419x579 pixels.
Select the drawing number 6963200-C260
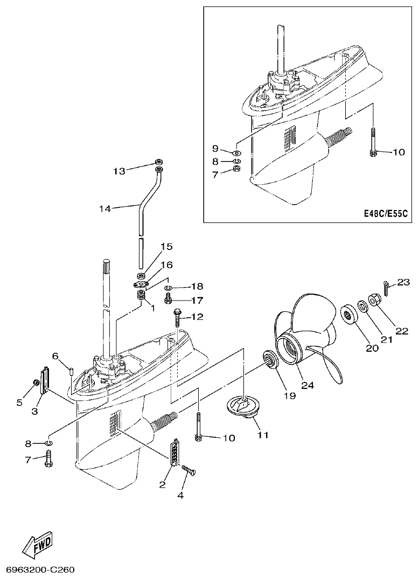coord(40,569)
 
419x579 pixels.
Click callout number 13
coord(119,171)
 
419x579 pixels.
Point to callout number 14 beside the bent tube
coord(106,208)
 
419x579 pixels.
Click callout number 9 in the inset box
coord(215,148)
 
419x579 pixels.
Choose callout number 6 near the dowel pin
coord(55,355)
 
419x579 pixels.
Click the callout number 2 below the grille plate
coord(162,485)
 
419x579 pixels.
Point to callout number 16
coord(166,265)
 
